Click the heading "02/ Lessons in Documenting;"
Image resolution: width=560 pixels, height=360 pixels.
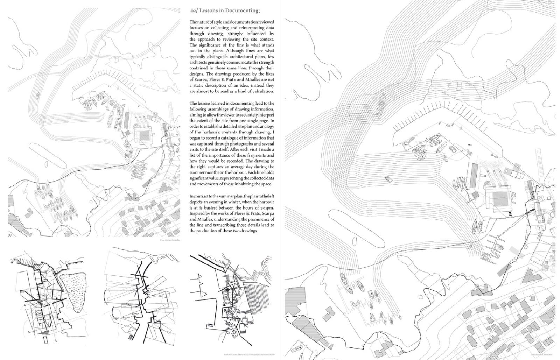click(x=225, y=10)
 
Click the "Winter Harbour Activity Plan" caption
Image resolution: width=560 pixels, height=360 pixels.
click(x=170, y=240)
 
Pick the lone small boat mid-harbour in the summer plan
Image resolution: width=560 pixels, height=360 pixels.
click(x=388, y=179)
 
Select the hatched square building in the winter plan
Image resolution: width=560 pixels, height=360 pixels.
click(x=143, y=135)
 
